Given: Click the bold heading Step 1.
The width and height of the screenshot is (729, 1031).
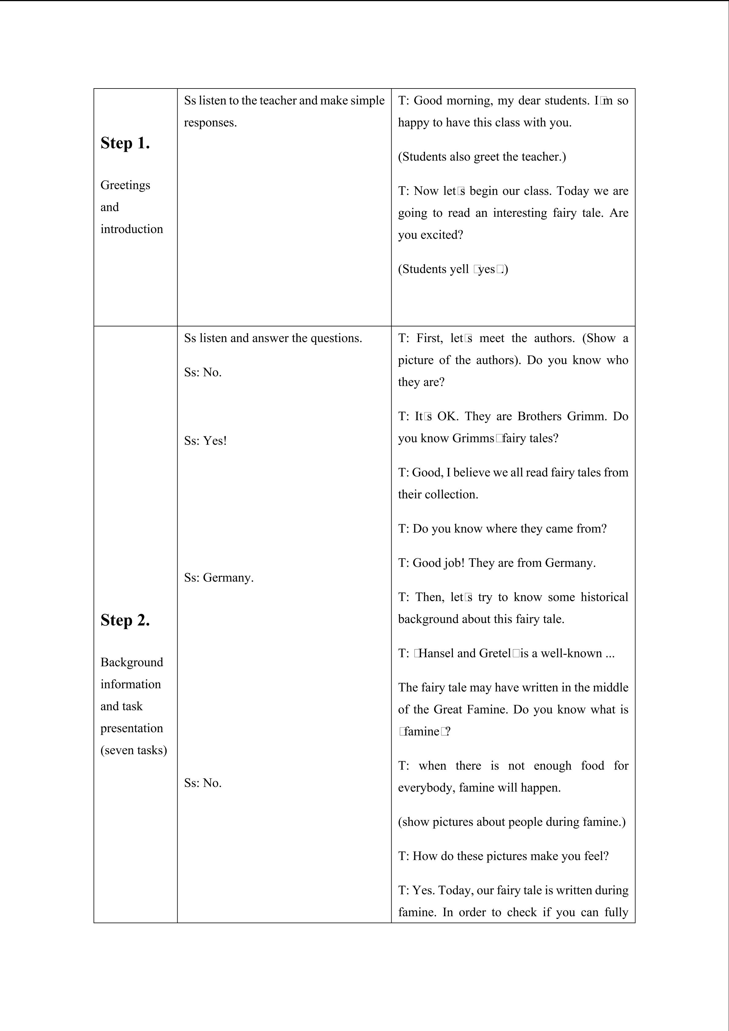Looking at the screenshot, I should click(125, 143).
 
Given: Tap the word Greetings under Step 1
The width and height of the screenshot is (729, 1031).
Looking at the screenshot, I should click(125, 185).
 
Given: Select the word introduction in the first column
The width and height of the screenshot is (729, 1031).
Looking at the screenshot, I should click(132, 229).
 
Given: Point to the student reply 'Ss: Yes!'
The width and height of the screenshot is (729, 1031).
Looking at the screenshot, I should click(205, 441).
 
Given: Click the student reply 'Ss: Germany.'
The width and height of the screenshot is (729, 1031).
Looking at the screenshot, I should click(219, 578).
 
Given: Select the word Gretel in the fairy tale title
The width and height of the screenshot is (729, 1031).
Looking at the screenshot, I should click(495, 653).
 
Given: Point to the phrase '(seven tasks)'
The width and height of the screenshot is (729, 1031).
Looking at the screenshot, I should click(133, 750).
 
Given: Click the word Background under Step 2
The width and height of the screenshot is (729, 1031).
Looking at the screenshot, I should click(132, 662).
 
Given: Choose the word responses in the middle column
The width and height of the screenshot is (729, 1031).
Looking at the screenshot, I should click(210, 122).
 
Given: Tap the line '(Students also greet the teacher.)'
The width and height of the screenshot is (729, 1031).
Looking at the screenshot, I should click(482, 157).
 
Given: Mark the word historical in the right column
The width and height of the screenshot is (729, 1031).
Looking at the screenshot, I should click(604, 597).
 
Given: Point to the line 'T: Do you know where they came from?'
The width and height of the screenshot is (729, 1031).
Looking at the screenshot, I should click(502, 529).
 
